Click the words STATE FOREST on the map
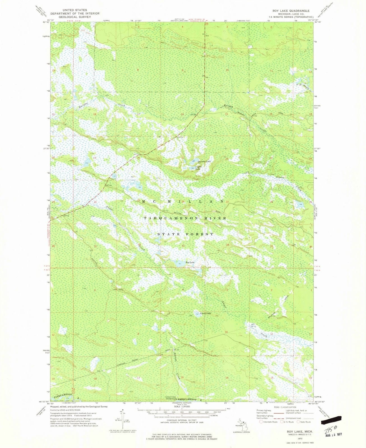point(185,234)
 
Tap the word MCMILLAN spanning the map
point(183,201)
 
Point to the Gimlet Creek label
point(289,182)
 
